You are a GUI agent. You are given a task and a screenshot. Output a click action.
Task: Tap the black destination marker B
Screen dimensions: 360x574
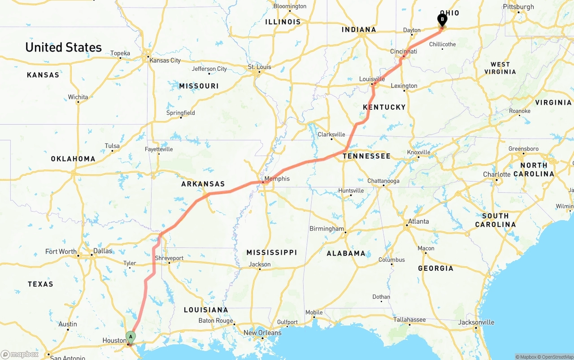click(x=442, y=20)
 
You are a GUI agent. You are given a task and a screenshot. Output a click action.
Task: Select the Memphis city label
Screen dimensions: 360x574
click(x=277, y=179)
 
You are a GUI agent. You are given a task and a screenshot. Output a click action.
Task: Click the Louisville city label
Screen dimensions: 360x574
click(x=372, y=79)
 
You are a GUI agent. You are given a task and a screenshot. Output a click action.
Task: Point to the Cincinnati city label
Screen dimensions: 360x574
click(x=404, y=52)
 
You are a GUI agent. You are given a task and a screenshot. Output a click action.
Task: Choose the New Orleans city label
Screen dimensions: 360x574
click(x=262, y=333)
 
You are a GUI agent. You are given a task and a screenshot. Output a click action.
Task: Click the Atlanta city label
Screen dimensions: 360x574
click(x=418, y=221)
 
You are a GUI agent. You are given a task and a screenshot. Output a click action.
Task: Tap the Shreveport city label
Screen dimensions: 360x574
click(x=169, y=258)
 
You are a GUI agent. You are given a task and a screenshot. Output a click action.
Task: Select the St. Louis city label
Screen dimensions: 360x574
click(x=260, y=67)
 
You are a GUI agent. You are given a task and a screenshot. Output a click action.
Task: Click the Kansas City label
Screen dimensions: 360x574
click(x=165, y=61)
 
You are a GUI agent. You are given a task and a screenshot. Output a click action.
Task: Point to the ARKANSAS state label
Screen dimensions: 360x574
click(x=203, y=184)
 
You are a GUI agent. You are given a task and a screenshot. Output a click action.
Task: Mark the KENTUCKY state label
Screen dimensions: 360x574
click(x=384, y=107)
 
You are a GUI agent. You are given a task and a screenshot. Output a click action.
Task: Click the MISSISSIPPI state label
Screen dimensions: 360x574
click(x=272, y=253)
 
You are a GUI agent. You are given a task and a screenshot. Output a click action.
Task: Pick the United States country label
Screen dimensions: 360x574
click(x=64, y=48)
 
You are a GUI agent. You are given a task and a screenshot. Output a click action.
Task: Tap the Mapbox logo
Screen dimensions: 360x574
click(x=20, y=354)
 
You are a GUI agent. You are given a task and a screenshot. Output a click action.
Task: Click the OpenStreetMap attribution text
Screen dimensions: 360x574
click(x=556, y=357)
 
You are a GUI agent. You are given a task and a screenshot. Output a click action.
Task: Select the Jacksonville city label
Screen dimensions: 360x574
click(x=476, y=322)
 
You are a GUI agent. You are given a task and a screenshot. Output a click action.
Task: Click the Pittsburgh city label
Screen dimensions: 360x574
click(x=518, y=7)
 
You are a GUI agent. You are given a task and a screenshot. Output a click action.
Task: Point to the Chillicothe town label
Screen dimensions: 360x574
click(x=442, y=44)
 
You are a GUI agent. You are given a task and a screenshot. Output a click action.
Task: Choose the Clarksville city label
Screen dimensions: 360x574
click(x=331, y=134)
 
